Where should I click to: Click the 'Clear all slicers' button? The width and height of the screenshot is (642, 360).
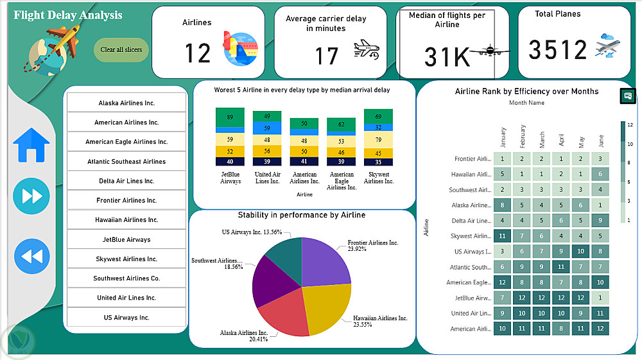pyautogui.click(x=121, y=49)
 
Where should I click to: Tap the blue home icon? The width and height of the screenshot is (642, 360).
pyautogui.click(x=31, y=145)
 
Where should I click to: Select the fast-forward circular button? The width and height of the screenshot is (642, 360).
pyautogui.click(x=31, y=196)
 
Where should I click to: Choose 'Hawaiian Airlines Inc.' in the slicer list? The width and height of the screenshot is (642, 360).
pyautogui.click(x=126, y=219)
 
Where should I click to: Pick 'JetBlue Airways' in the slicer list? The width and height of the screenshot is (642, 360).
pyautogui.click(x=126, y=239)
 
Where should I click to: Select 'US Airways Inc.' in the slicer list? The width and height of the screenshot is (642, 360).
pyautogui.click(x=126, y=317)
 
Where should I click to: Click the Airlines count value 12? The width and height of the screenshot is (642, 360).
pyautogui.click(x=198, y=53)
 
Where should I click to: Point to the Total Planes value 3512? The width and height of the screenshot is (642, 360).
pyautogui.click(x=558, y=50)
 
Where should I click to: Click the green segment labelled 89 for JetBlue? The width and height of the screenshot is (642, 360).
pyautogui.click(x=230, y=117)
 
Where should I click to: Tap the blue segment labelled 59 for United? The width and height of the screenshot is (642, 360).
pyautogui.click(x=267, y=128)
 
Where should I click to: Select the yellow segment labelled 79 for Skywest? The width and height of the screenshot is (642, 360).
pyautogui.click(x=378, y=140)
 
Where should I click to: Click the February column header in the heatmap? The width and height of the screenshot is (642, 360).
pyautogui.click(x=523, y=137)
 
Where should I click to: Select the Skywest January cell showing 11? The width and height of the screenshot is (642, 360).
pyautogui.click(x=503, y=236)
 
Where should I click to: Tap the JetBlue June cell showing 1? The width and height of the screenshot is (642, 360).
pyautogui.click(x=600, y=298)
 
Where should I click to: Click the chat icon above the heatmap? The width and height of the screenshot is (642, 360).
pyautogui.click(x=627, y=96)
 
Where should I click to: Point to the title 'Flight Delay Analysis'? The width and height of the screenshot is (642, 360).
pyautogui.click(x=67, y=15)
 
